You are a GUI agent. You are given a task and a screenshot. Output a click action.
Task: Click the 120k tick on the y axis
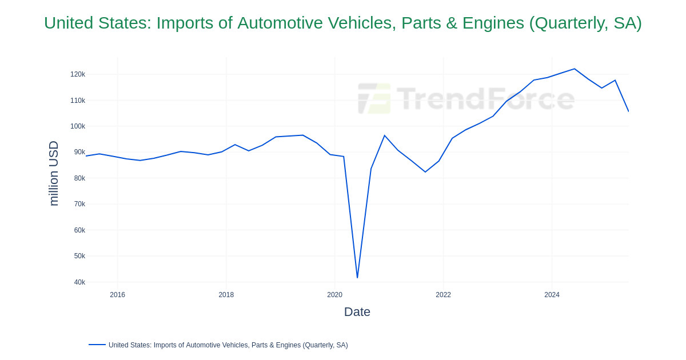coord(78,74)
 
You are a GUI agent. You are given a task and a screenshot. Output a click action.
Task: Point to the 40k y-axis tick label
coord(79,282)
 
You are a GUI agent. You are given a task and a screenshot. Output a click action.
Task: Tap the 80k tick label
coord(79,178)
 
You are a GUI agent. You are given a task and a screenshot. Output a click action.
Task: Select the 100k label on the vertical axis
coord(78,126)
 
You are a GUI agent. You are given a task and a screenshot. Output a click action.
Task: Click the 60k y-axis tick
coord(79,230)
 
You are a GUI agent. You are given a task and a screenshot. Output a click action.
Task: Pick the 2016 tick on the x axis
coord(118,295)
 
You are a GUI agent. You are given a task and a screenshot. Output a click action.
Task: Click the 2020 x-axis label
coord(335,295)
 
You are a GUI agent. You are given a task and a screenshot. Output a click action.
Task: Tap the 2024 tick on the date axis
coord(552,295)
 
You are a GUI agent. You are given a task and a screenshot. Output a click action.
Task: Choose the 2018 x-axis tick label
coord(226,295)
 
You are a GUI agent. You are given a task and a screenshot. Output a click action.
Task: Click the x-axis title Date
coord(357,312)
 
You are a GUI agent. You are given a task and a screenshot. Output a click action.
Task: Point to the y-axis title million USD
coord(54,173)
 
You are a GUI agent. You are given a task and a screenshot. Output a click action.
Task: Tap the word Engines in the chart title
coord(492,23)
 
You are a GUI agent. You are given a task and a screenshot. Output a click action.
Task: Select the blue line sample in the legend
coord(97,345)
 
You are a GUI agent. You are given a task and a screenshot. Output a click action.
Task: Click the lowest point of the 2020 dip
coord(357,278)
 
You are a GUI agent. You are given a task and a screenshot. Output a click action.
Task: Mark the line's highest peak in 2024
coord(575,69)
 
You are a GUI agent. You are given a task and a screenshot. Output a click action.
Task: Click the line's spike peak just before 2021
coord(385,136)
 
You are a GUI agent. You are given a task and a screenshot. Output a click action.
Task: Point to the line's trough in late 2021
coord(425,172)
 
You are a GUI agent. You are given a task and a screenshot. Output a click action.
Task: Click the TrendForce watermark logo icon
coord(374,98)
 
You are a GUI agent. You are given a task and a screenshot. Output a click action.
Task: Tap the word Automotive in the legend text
coord(206,345)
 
